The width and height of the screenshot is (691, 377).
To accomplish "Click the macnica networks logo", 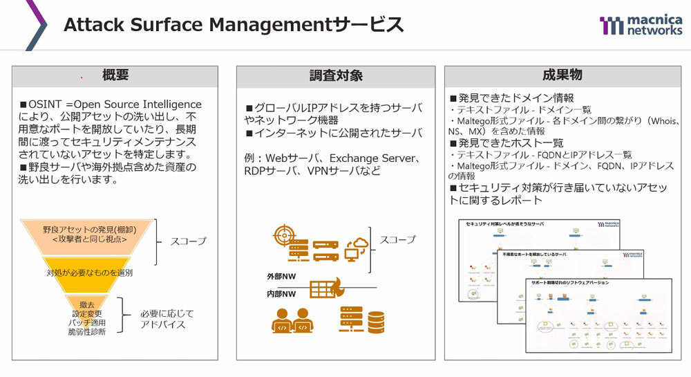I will point(640,26).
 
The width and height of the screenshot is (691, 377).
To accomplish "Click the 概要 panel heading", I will point(115,75).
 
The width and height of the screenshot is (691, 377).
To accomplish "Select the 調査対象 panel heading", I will point(335,75).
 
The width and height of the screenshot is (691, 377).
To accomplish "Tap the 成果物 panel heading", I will point(562,75).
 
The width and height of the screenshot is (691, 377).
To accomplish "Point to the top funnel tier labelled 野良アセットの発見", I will point(84,234).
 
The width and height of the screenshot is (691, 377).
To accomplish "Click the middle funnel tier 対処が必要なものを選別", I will point(89,273).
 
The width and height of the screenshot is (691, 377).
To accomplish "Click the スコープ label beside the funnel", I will point(187,242).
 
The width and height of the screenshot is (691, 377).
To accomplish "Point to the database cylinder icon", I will point(376,321).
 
